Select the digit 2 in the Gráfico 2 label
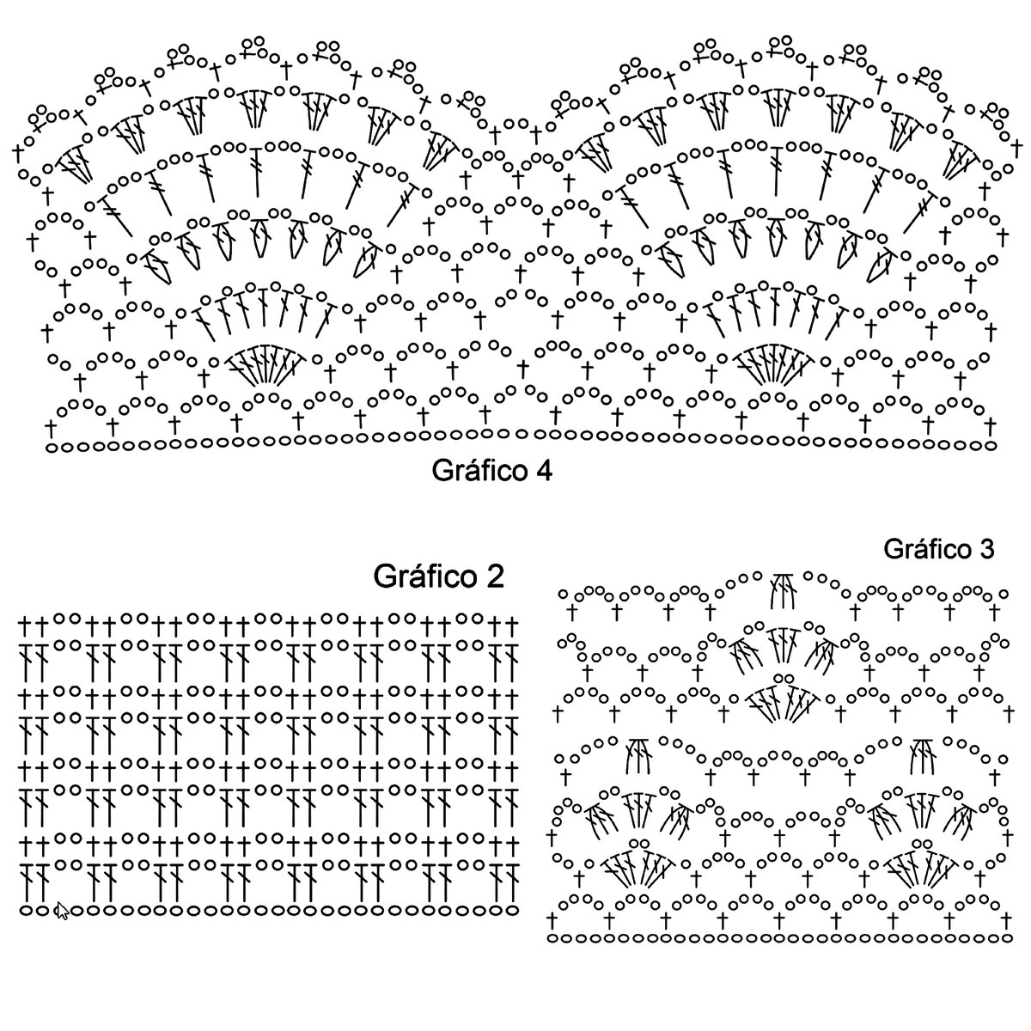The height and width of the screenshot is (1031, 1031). tap(493, 577)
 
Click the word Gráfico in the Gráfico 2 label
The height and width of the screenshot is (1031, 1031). tap(422, 577)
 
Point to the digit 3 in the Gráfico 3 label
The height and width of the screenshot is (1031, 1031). tap(986, 548)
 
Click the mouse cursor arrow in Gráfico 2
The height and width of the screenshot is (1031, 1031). tap(62, 912)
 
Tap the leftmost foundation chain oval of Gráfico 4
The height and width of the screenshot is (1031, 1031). tap(52, 447)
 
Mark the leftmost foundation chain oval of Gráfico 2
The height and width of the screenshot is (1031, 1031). tap(26, 909)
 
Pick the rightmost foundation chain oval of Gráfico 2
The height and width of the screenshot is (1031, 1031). tap(512, 909)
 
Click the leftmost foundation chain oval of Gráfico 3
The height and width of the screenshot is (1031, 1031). tap(554, 938)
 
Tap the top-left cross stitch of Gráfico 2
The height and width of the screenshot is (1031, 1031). tap(26, 619)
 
